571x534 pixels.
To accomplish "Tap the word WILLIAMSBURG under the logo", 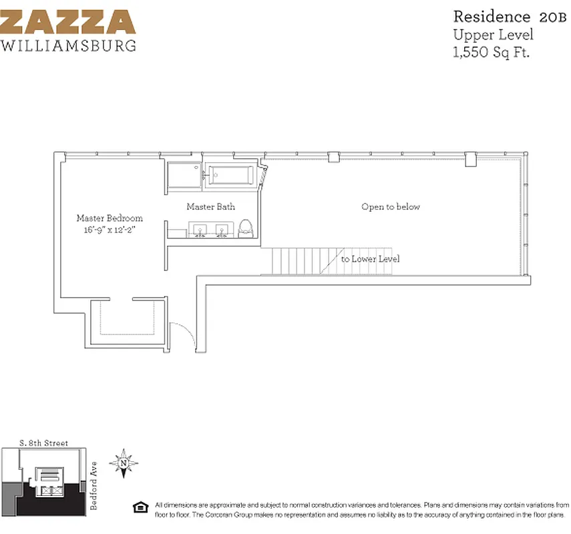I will pyautogui.click(x=68, y=46).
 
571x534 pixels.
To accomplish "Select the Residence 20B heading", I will pyautogui.click(x=492, y=17).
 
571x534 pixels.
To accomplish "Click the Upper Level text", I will pyautogui.click(x=493, y=35).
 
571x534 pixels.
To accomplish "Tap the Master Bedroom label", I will pyautogui.click(x=110, y=218).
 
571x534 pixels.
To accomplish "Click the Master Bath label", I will pyautogui.click(x=210, y=207).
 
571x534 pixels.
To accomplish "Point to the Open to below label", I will pyautogui.click(x=391, y=207).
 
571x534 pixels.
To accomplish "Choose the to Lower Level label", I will pyautogui.click(x=370, y=259).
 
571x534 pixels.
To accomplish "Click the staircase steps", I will pyautogui.click(x=298, y=261).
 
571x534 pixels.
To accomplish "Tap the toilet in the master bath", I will pyautogui.click(x=245, y=229).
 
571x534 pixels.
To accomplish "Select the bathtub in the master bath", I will pyautogui.click(x=229, y=176).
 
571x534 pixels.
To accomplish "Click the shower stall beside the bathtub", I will pyautogui.click(x=184, y=176).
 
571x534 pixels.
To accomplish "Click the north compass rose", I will pyautogui.click(x=124, y=463).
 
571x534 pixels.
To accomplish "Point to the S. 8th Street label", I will pyautogui.click(x=44, y=443).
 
